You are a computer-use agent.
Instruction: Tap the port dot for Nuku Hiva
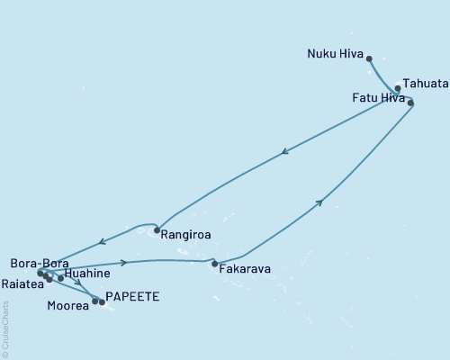pos(369,58)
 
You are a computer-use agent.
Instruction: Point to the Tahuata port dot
pos(397,88)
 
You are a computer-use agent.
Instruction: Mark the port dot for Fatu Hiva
pos(411,103)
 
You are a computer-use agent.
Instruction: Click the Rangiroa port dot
pos(157,229)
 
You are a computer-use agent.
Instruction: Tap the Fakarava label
pos(244,267)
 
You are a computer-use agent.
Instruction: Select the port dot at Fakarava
pos(214,264)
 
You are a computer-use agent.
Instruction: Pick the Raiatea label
pos(22,282)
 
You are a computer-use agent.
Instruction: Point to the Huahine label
pos(87,273)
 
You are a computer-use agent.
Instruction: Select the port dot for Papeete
pos(102,302)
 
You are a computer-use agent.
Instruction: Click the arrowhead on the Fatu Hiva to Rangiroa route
pos(284,152)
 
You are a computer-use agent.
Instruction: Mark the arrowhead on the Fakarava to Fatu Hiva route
pos(319,204)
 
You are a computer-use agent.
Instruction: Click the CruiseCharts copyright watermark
pos(5,328)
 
